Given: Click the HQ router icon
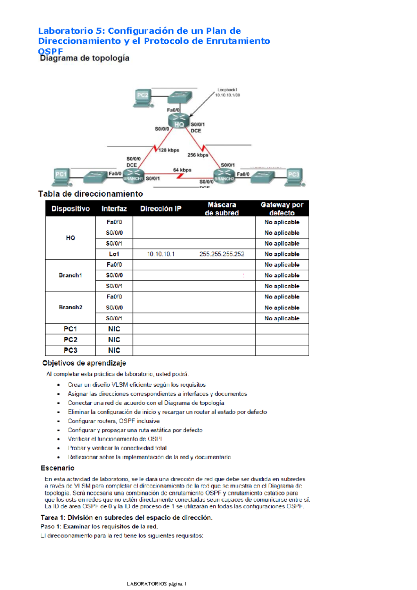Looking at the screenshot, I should pos(179,121).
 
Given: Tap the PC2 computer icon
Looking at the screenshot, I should pos(142,98).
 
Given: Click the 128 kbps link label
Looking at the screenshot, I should pos(169,150).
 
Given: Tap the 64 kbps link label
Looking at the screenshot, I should pos(182,170).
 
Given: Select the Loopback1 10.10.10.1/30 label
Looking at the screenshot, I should pos(228,92).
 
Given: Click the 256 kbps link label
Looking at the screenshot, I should pos(198,155).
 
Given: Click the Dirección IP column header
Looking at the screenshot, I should pos(161,209).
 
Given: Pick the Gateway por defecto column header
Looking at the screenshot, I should pos(282,209).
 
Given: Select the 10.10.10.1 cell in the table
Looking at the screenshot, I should pos(161,254).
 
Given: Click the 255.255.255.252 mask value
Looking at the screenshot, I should pos(222,254).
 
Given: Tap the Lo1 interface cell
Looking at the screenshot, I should pos(114,254).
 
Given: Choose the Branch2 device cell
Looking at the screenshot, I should pos(71,308).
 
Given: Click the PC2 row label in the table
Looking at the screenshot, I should pos(71,340).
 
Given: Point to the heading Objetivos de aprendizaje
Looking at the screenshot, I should pos(84,363).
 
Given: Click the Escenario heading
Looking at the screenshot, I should pos(58,468).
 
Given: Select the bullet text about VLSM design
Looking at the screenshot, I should pos(137,385).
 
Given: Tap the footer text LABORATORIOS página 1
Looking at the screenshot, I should pos(156,584).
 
